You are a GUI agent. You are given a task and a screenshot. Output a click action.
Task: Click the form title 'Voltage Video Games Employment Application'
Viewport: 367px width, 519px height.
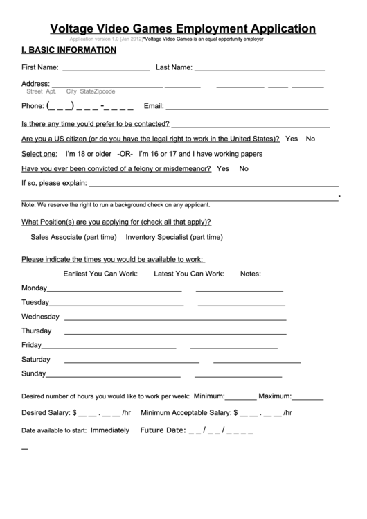tap(183, 28)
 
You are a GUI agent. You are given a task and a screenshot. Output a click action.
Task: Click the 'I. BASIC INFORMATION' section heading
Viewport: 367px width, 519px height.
tap(69, 51)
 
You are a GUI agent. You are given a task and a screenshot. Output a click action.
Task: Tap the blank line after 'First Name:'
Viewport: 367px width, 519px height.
tap(106, 70)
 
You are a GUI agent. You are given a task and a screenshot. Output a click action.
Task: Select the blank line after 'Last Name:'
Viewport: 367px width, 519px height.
tap(260, 70)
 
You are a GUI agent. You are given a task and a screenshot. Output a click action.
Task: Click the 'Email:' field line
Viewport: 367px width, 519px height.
tap(247, 109)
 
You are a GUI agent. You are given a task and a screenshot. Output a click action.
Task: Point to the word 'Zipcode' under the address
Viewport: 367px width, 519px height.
tap(105, 91)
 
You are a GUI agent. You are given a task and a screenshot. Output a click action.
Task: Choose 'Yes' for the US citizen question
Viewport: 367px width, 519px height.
tap(292, 139)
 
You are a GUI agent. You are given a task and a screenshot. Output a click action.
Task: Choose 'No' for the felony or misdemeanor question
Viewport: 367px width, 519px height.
tap(244, 168)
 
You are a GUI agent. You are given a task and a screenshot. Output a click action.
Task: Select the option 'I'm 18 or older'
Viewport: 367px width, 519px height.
tap(88, 153)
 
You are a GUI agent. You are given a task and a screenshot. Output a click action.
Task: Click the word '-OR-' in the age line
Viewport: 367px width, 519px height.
tap(125, 153)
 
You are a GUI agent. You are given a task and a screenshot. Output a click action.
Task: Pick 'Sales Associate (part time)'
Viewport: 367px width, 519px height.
tap(74, 236)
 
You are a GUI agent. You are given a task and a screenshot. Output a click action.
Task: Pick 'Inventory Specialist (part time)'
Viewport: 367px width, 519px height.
tap(174, 236)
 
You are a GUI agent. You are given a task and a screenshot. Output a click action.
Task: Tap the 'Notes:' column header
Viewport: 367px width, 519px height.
tap(251, 274)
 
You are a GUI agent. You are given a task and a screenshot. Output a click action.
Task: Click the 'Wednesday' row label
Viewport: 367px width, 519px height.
tap(41, 317)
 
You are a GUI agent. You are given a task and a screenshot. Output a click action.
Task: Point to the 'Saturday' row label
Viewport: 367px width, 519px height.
tap(36, 360)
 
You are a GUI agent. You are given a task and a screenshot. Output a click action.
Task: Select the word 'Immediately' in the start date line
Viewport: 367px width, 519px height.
tap(110, 430)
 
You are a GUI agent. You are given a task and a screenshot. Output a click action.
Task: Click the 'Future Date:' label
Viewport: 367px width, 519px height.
tap(163, 430)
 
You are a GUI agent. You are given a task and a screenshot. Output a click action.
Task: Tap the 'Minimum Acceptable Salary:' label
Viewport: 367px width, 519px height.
tap(186, 412)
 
